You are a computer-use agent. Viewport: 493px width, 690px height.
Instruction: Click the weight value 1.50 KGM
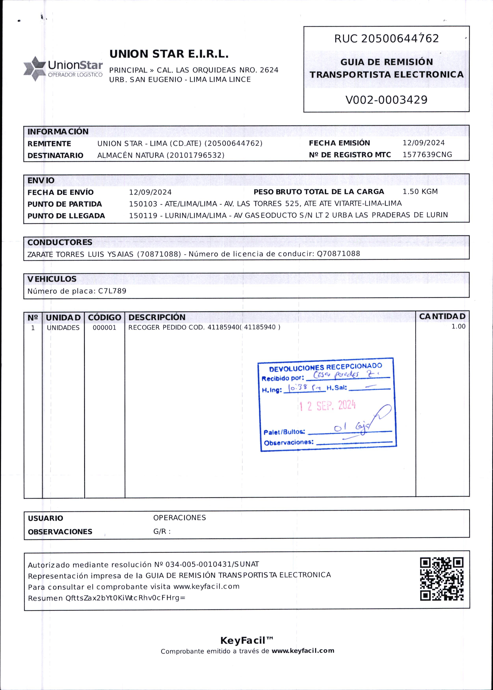(x=420, y=192)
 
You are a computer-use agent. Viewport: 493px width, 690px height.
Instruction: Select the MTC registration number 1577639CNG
(x=427, y=155)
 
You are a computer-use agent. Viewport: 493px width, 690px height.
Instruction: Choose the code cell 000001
(x=104, y=327)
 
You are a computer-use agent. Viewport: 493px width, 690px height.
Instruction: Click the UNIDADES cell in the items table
(x=63, y=327)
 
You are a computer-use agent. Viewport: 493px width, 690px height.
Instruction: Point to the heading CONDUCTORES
(x=60, y=242)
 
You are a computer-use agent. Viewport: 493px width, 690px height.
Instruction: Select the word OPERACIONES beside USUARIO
(x=180, y=518)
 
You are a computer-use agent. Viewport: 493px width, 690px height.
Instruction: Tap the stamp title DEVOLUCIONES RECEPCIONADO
(x=326, y=368)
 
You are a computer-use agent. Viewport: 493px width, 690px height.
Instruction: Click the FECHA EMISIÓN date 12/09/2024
(x=423, y=143)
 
